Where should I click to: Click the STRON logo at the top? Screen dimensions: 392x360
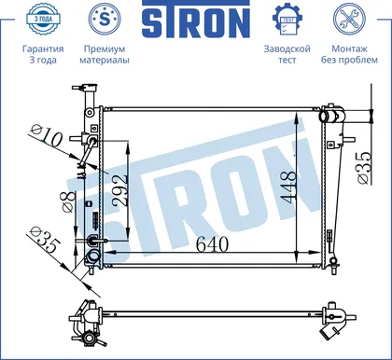point(196,20)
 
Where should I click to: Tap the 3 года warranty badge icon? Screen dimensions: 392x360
point(43,19)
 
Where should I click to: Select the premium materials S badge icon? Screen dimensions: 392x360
point(105,19)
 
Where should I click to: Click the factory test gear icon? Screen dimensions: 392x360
point(287,20)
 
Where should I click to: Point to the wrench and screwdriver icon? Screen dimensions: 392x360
point(349,19)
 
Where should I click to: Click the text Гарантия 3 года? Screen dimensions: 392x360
point(43,54)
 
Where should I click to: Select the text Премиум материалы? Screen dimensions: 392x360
point(105,54)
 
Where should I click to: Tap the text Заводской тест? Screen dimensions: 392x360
point(287,54)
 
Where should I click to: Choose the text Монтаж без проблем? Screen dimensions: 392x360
point(349,54)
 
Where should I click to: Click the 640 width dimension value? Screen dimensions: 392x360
point(212,244)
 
